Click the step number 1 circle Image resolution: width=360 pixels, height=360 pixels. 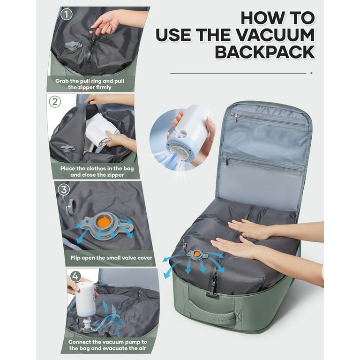[67, 14]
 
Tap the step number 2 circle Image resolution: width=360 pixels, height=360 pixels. [55, 102]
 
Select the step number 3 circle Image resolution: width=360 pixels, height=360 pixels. [64, 190]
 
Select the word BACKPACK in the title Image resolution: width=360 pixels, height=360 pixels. [265, 52]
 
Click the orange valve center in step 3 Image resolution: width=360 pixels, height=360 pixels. [104, 222]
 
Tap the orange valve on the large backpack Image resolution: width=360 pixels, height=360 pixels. [197, 253]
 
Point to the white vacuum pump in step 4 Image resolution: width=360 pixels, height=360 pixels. [85, 301]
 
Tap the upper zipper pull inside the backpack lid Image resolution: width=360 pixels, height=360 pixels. [236, 118]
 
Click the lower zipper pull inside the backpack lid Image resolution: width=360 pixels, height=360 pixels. [227, 161]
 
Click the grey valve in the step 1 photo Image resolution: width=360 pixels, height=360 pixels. [73, 45]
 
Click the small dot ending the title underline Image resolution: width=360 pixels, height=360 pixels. [311, 73]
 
